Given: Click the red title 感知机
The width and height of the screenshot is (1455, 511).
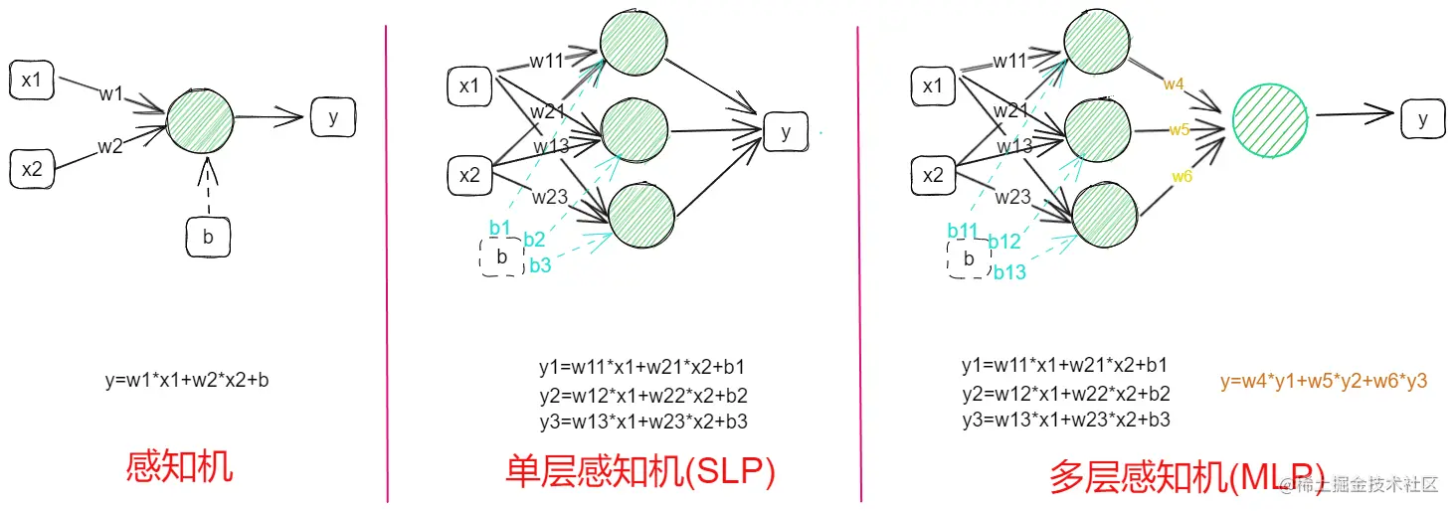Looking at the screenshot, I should (179, 465).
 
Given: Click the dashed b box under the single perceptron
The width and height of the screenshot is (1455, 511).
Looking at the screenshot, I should (208, 237).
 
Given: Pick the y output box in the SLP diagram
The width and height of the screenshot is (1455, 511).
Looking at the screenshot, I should (786, 132).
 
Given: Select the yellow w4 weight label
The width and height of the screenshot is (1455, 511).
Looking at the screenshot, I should (1174, 85).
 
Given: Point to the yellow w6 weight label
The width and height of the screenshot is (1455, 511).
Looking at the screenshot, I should (1182, 176).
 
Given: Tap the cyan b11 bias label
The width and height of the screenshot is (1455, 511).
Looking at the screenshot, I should (963, 231).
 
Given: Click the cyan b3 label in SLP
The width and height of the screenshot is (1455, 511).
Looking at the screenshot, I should (540, 264).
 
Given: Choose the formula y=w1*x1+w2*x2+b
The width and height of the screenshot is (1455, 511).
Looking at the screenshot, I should (186, 380).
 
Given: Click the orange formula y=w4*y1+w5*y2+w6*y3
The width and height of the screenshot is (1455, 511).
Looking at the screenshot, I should (1324, 381).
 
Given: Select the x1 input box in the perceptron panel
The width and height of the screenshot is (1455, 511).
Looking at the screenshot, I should (32, 81).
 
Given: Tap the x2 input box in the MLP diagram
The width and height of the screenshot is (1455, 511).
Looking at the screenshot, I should (933, 176).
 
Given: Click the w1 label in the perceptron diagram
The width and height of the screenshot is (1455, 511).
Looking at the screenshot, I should (110, 94).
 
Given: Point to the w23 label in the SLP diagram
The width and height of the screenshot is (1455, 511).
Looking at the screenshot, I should (549, 197).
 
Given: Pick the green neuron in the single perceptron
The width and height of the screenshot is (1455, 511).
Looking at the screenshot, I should (200, 119).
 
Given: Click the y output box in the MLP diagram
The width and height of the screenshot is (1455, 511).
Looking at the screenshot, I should (1423, 119).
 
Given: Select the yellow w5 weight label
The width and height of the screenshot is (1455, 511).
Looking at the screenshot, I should (1180, 129).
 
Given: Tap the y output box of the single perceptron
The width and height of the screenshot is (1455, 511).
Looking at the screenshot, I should (332, 117).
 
